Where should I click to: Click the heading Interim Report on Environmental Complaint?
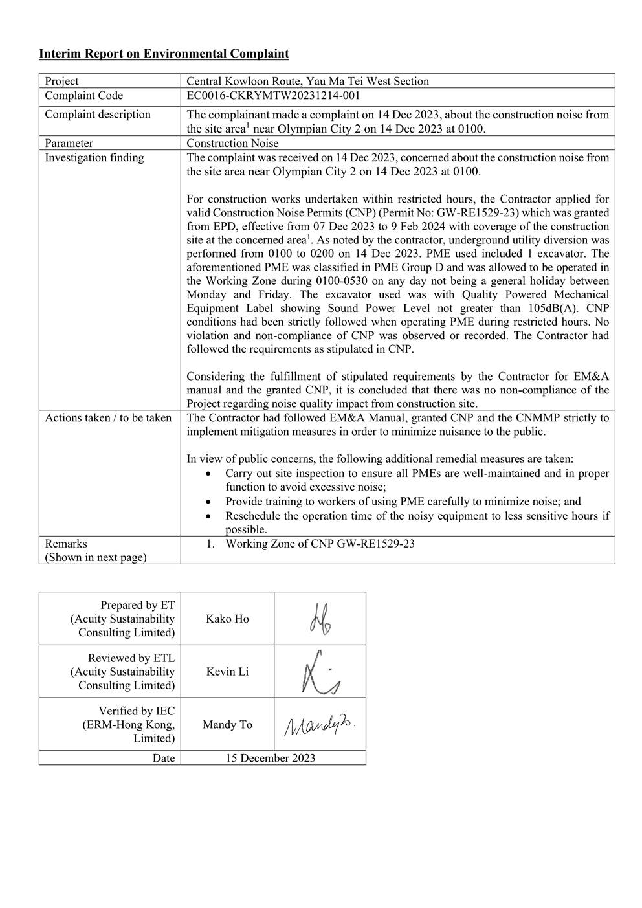[x=164, y=54]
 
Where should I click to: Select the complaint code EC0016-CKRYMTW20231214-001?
[x=273, y=96]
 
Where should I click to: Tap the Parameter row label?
[x=69, y=143]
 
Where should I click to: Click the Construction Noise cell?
[x=232, y=143]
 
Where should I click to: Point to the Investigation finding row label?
[x=94, y=157]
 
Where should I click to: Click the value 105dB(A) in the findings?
[x=556, y=308]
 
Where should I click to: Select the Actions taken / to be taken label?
[x=108, y=417]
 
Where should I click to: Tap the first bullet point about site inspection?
[x=417, y=480]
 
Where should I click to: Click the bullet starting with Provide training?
[x=403, y=501]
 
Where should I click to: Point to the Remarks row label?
[x=66, y=544]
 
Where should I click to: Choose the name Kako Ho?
[x=227, y=619]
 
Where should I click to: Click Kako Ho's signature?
[x=320, y=619]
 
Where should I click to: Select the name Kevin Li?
[x=227, y=672]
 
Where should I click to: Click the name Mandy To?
[x=227, y=725]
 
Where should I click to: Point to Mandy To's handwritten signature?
[x=320, y=725]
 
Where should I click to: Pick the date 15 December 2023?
[x=270, y=758]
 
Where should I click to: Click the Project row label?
[x=61, y=81]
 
